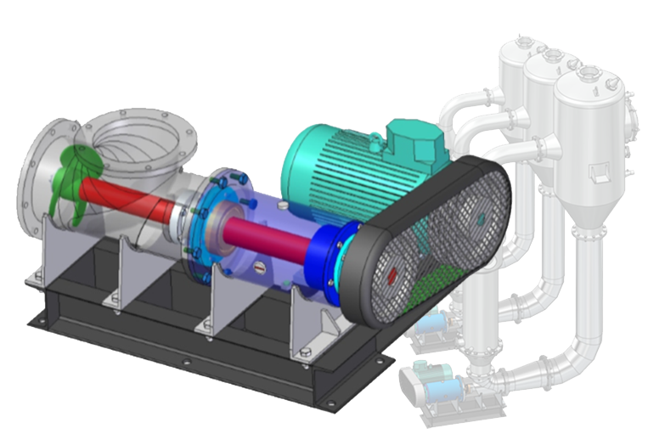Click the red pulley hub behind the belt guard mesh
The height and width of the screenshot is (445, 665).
pos(392,275)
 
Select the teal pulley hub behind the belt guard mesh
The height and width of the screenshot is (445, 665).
pos(481,218)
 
